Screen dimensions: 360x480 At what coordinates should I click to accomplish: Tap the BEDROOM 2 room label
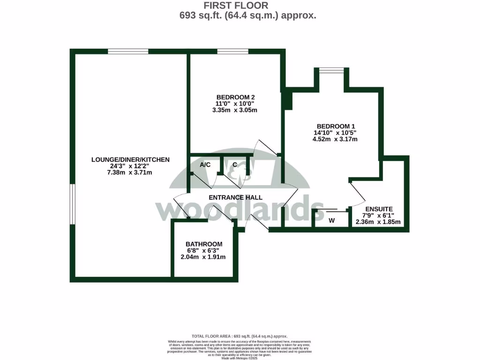coord(235,97)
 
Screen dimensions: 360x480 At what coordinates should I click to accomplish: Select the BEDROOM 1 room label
coord(336,126)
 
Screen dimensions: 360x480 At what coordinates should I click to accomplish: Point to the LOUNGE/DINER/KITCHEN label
coord(130,160)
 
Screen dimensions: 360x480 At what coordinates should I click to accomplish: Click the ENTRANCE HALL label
coord(235,197)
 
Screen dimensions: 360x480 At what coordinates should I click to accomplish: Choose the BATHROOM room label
coord(204,244)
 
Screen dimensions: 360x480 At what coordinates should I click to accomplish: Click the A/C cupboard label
coord(205,165)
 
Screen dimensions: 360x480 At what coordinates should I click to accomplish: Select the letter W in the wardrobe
coord(331,220)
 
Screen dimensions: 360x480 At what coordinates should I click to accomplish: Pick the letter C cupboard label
coord(234,165)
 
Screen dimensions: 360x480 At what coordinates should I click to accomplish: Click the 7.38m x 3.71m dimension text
coord(130,173)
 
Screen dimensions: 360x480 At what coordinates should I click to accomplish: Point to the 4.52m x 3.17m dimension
coord(336,139)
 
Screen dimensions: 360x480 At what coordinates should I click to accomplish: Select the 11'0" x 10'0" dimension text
coord(235,104)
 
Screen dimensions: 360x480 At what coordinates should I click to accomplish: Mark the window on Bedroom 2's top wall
coord(232,52)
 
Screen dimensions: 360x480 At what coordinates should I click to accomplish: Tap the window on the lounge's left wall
coord(73,204)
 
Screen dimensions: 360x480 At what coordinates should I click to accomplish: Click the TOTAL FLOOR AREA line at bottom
coord(240,336)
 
